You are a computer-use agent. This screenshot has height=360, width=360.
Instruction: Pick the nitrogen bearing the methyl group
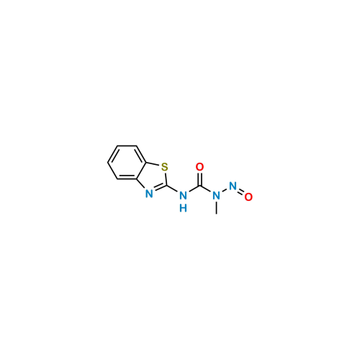tap(215, 196)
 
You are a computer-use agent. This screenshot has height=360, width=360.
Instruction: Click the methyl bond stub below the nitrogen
tap(215, 208)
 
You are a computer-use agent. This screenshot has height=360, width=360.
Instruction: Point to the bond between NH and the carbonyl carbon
tap(192, 192)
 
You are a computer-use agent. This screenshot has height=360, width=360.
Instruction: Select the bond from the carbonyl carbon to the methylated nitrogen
tap(207, 192)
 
